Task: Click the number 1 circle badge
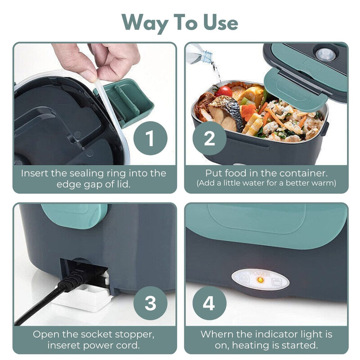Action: pyautogui.click(x=150, y=138)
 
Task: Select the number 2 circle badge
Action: pyautogui.click(x=210, y=138)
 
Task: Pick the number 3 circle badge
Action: pyautogui.click(x=150, y=303)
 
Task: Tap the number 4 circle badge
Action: pyautogui.click(x=210, y=303)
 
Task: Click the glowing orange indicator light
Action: pyautogui.click(x=261, y=280)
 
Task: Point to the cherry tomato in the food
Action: pyautogui.click(x=224, y=91)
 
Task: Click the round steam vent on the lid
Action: pyautogui.click(x=325, y=54)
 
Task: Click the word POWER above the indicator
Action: pyautogui.click(x=260, y=274)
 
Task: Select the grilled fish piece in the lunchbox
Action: pyautogui.click(x=226, y=112)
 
